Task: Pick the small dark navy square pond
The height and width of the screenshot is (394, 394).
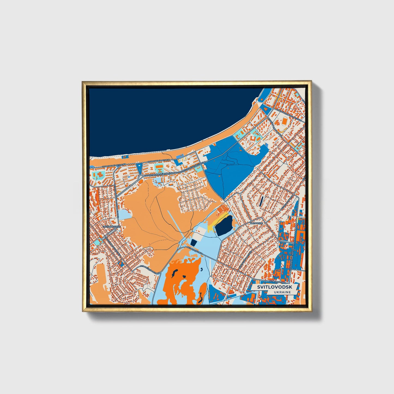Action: coord(194,242)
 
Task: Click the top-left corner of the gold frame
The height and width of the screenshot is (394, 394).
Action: coord(83,82)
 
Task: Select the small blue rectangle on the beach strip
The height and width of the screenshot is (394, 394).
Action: coord(125,157)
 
